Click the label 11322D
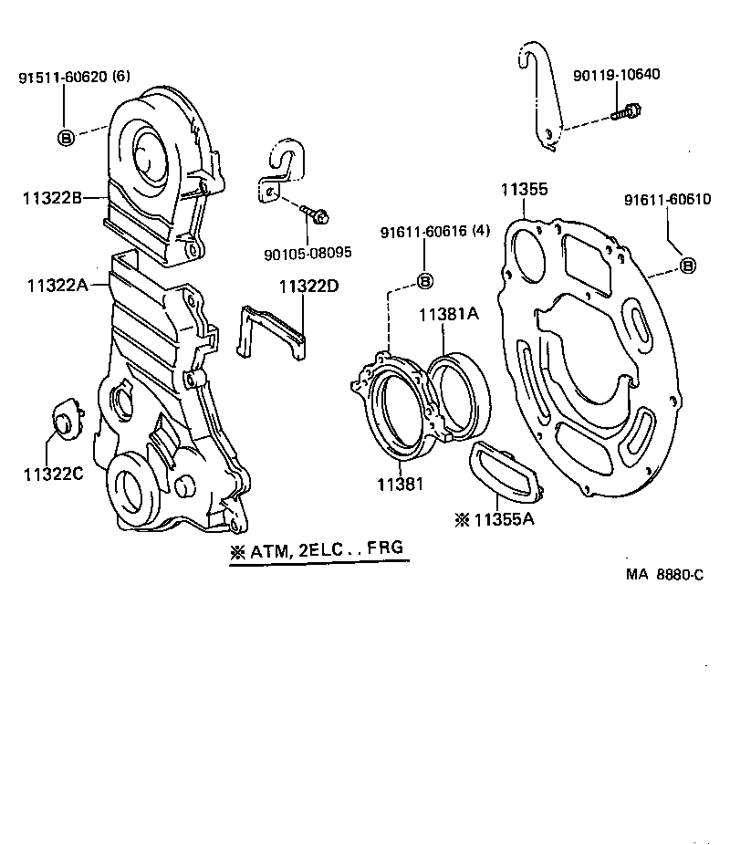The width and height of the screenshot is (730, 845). pos(308,286)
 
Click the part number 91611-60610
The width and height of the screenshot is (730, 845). pos(667,200)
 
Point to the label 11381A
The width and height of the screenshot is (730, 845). pos(448,315)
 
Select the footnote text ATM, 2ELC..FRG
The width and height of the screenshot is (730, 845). pos(316,550)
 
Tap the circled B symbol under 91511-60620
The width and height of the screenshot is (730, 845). pos(66,138)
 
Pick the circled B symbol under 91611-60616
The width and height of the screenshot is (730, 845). pos(424,280)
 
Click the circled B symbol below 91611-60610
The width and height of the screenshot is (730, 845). pos(688,266)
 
